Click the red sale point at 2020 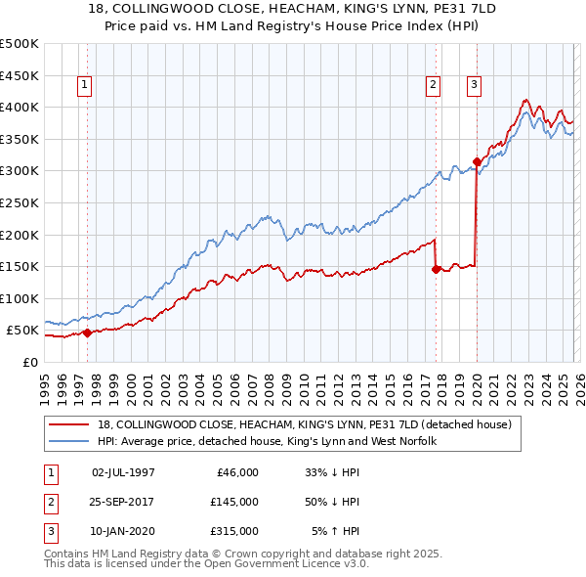click(x=477, y=161)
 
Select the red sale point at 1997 click(x=87, y=333)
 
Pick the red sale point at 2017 click(x=436, y=269)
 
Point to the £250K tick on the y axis click(x=20, y=202)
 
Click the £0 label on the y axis click(x=29, y=362)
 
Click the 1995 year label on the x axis click(x=45, y=385)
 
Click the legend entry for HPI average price click(x=267, y=441)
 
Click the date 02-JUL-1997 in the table click(x=123, y=471)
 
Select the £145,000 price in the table click(x=233, y=502)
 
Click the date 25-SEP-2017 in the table click(x=123, y=502)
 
